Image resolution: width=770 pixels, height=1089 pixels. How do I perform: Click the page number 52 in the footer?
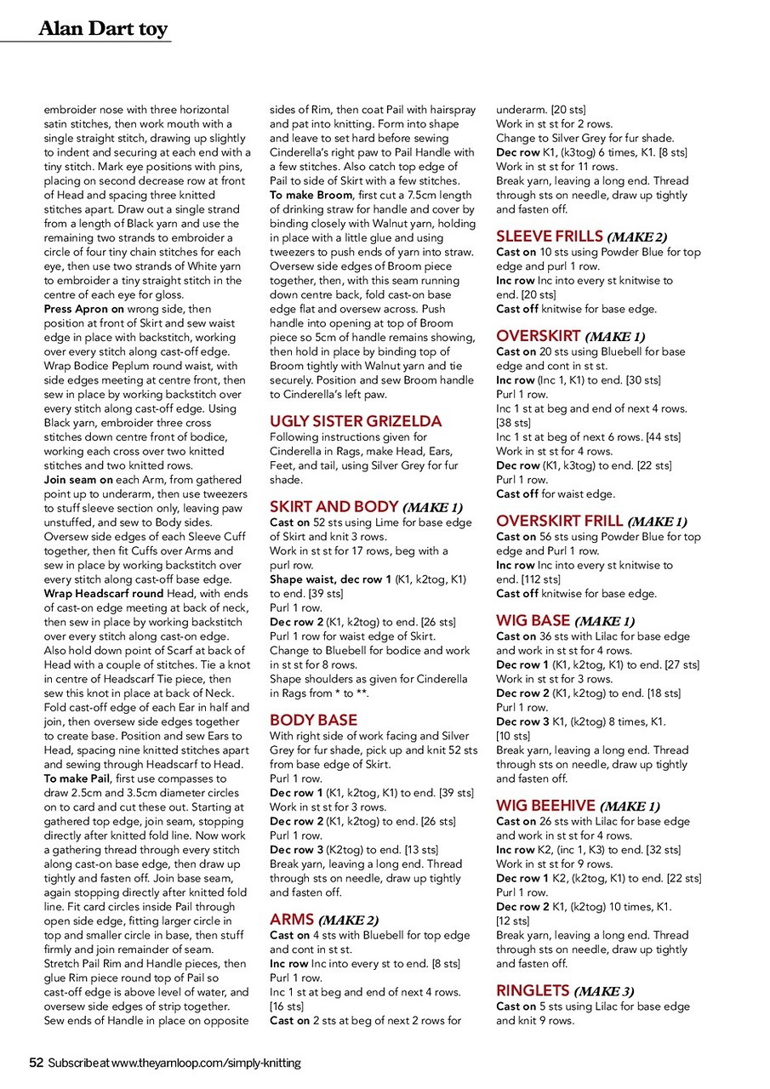point(37,1063)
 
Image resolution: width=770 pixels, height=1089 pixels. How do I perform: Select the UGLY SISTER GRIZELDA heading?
point(356,421)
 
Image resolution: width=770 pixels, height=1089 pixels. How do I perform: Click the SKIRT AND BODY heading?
point(335,507)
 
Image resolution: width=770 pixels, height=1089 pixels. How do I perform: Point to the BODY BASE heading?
point(313,721)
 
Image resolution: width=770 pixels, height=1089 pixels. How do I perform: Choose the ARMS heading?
point(291,920)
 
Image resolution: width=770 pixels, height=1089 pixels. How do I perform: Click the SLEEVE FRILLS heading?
point(550,237)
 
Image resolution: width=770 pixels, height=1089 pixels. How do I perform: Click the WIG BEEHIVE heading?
point(547,807)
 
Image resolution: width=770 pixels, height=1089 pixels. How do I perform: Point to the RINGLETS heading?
point(533,991)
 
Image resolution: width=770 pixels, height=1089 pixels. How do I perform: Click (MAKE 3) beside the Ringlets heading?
point(604,992)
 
